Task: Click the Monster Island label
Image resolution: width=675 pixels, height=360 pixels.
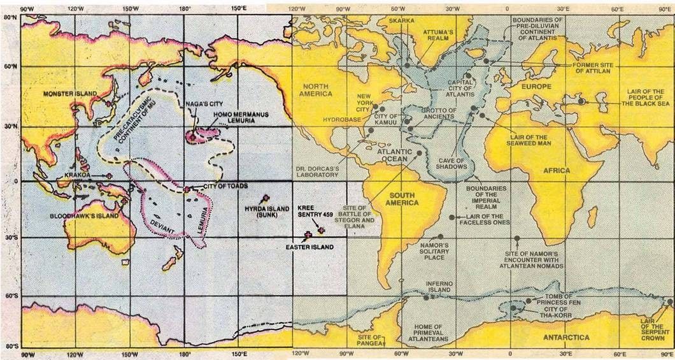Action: coord(70,94)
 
